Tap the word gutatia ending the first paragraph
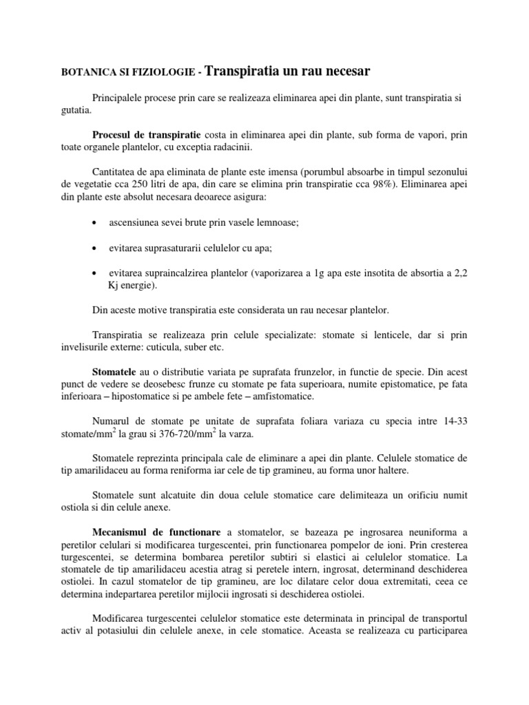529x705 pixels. [x=75, y=111]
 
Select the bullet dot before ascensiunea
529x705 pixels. [x=94, y=224]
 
